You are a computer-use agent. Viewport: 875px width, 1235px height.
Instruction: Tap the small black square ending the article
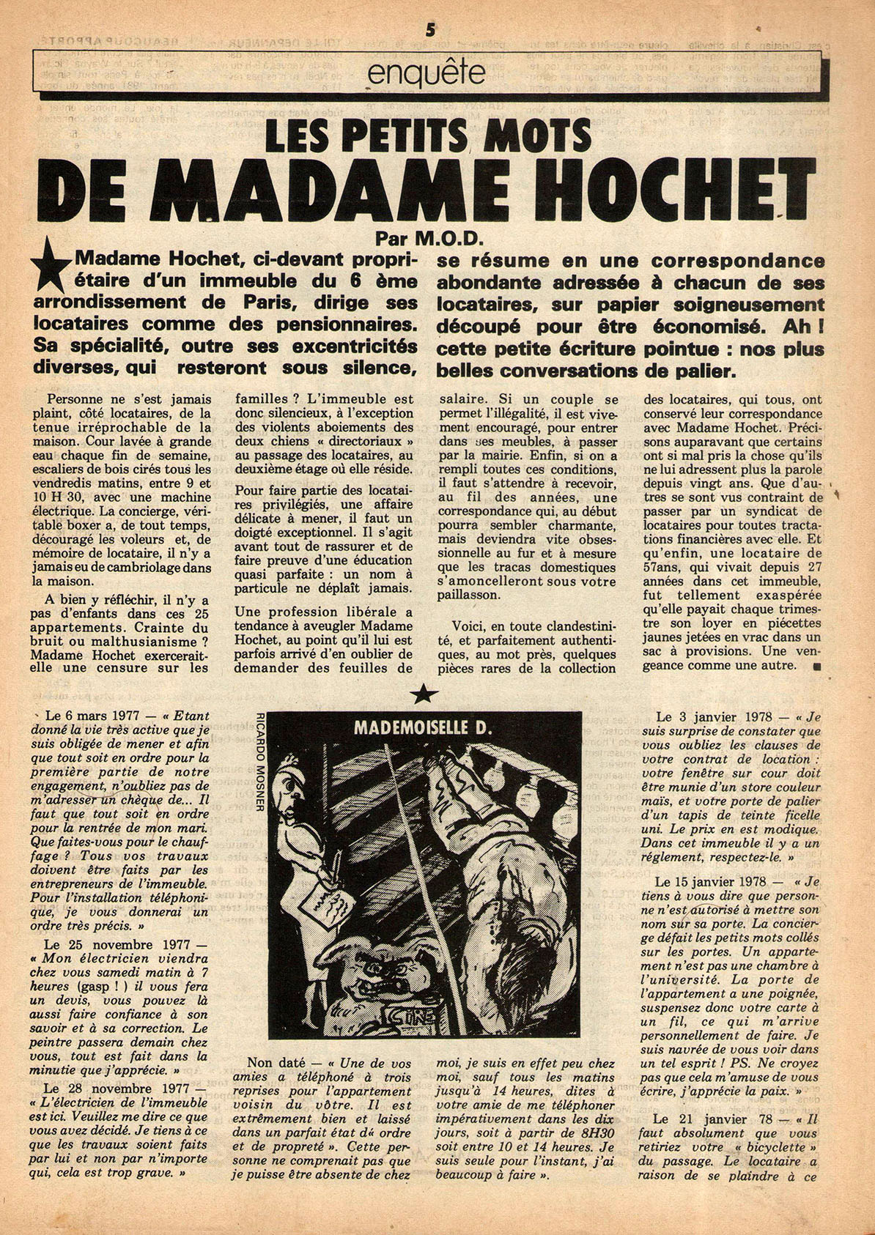pyautogui.click(x=816, y=666)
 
